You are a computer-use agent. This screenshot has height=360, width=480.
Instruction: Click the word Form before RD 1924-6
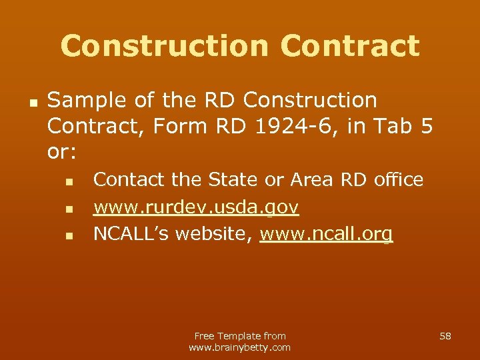tap(195, 126)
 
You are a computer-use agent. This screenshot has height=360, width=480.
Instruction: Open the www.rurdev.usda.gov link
tap(195, 207)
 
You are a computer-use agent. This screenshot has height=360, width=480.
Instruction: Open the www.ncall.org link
tap(326, 235)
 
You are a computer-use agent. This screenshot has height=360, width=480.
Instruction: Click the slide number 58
tap(445, 336)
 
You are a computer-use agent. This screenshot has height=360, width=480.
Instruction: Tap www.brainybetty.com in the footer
tap(240, 347)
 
